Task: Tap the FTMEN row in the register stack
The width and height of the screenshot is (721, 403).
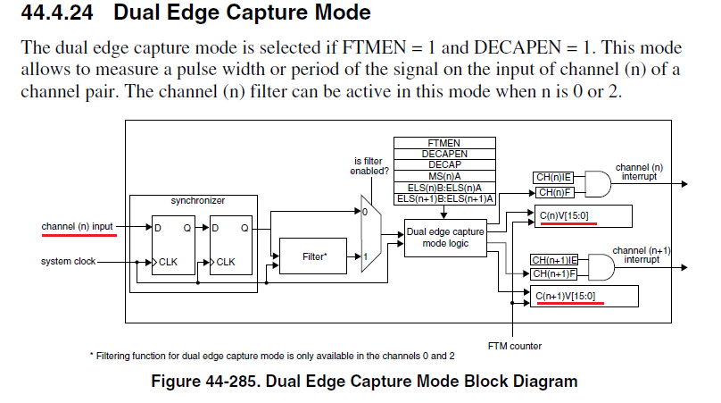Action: pos(444,143)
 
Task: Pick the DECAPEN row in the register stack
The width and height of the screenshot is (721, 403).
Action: pos(444,154)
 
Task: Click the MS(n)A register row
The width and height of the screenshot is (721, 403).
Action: pos(444,176)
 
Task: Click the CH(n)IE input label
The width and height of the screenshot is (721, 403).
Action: pos(554,179)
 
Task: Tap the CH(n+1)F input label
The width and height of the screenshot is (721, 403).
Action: pos(554,273)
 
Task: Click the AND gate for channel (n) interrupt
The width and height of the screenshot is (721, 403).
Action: pos(597,185)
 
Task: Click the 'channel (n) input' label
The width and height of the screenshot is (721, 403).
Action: pos(77,227)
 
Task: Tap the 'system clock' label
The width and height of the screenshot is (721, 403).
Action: pos(68,262)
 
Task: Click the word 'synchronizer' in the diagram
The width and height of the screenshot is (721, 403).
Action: pos(196,200)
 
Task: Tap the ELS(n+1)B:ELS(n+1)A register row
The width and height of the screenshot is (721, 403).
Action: pos(444,198)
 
